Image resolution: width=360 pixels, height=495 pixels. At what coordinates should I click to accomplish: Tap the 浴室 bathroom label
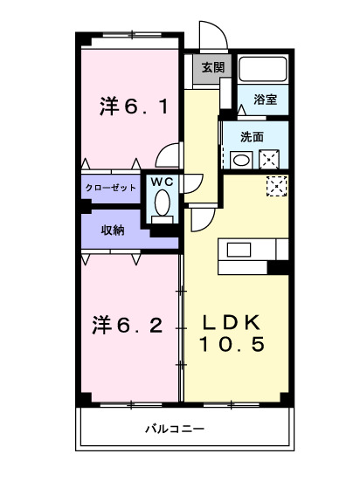(266, 100)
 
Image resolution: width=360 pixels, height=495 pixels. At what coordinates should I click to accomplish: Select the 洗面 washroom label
(253, 136)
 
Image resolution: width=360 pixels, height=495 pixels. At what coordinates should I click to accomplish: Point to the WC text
(162, 181)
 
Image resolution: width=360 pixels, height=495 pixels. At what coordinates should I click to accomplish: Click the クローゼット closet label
(111, 188)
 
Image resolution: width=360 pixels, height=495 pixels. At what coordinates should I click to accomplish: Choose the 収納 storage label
(111, 230)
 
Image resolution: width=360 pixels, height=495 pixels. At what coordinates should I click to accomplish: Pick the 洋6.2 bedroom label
(128, 326)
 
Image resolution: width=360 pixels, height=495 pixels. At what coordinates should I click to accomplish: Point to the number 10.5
(232, 344)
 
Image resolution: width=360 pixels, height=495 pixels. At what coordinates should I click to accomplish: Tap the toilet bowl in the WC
(161, 204)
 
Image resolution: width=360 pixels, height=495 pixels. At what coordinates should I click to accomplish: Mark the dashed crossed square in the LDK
(277, 187)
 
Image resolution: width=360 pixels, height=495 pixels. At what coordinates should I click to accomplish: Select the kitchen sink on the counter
(239, 249)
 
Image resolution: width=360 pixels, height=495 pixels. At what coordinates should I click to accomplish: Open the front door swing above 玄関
(211, 37)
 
